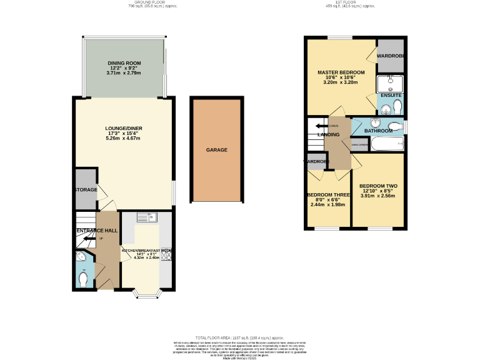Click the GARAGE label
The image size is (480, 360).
click(x=217, y=150)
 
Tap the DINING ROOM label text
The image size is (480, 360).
click(x=124, y=63)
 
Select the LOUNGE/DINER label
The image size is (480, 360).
click(x=124, y=129)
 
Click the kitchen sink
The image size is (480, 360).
click(x=146, y=217)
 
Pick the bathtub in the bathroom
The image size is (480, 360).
click(x=386, y=144)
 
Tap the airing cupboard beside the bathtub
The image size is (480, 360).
click(x=359, y=145)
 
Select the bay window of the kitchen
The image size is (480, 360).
click(x=147, y=293)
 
